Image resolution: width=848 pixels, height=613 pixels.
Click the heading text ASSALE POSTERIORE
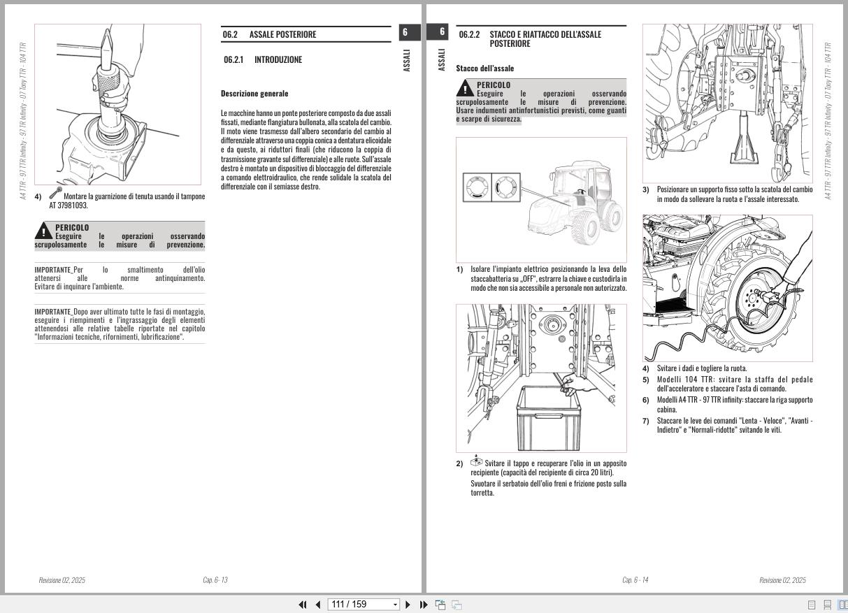[x=282, y=34]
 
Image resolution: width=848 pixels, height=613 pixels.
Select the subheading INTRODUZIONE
[x=278, y=59]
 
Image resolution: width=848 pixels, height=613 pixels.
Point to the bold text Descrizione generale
[x=254, y=94]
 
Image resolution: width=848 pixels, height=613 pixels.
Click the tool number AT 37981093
[x=69, y=205]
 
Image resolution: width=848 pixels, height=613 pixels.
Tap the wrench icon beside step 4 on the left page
[x=55, y=193]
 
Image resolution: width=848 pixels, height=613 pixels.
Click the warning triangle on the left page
[x=43, y=231]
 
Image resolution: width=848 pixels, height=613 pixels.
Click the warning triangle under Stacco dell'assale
[x=465, y=88]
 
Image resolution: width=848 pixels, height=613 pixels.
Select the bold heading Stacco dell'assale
[x=484, y=68]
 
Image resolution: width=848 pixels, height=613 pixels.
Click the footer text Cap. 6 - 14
[x=635, y=580]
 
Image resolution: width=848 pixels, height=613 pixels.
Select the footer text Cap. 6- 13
[x=215, y=580]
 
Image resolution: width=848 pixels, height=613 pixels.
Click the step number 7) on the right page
[x=646, y=421]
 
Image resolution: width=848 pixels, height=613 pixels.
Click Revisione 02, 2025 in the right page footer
[x=782, y=580]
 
